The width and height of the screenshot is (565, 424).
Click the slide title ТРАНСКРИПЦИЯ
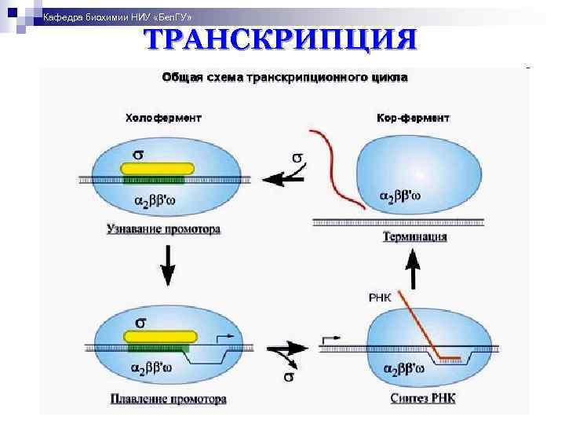(279, 39)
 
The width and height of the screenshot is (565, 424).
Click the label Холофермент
(163, 118)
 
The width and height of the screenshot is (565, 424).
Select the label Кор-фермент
(413, 118)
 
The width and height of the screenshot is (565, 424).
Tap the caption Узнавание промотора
(163, 230)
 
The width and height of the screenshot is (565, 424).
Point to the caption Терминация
(415, 236)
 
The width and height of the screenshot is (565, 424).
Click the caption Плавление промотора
(167, 399)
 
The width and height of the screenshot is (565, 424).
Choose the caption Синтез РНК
(422, 399)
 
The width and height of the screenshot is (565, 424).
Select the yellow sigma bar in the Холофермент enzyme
(157, 167)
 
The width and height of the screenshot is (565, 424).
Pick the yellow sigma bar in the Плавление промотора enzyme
(161, 336)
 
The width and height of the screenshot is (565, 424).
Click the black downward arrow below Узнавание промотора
(167, 267)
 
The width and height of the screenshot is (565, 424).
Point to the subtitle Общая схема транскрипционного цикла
(284, 77)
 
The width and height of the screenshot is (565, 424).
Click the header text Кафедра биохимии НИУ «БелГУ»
(116, 17)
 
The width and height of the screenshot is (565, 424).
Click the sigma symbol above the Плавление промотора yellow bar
(140, 322)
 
